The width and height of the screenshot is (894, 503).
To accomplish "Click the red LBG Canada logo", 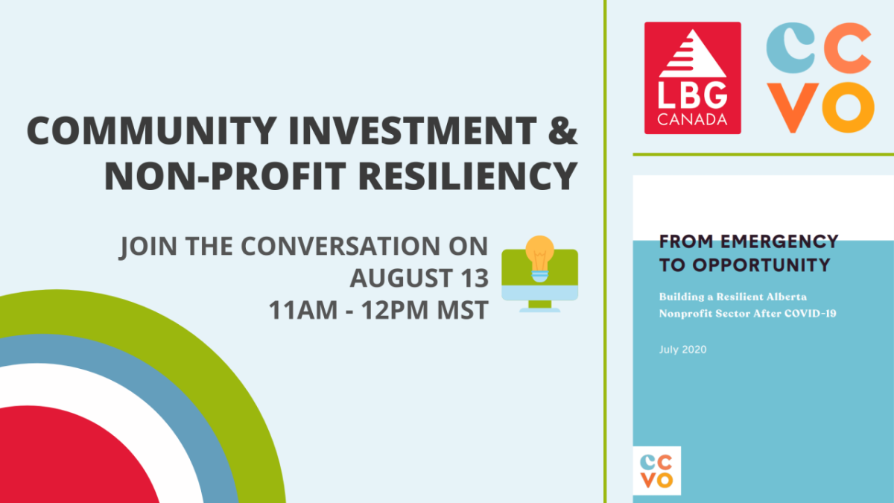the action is tap(692, 77).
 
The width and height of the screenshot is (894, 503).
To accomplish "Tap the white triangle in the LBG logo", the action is tap(693, 54).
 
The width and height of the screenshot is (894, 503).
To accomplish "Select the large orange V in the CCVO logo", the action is tap(792, 108).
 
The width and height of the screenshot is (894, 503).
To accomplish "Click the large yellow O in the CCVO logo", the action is tap(848, 107).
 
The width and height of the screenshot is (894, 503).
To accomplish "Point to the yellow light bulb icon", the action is tap(539, 259).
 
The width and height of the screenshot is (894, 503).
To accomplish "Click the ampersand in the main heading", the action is tap(562, 130).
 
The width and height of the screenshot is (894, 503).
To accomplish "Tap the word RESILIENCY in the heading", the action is tap(468, 176).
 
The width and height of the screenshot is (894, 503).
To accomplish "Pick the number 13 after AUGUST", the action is tap(475, 278).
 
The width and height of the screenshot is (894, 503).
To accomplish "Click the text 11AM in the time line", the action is tap(303, 310).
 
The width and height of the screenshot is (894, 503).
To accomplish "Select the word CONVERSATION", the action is tap(340, 246).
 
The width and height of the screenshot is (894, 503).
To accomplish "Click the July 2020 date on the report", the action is tap(683, 349).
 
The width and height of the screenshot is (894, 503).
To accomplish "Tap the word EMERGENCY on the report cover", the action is tap(779, 241).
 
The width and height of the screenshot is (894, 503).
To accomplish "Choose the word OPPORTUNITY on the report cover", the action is tap(761, 265).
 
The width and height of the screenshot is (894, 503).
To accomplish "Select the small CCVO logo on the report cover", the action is tap(657, 471).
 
